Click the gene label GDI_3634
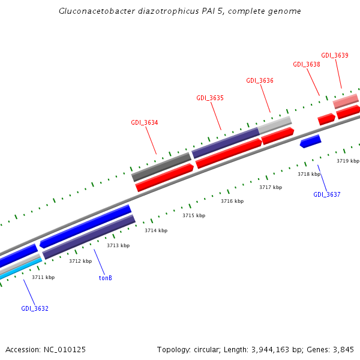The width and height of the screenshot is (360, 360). tap(145, 122)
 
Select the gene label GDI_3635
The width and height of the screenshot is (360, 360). tap(210, 98)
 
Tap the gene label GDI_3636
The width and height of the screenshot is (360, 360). tap(260, 80)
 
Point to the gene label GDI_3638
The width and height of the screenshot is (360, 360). tap(306, 64)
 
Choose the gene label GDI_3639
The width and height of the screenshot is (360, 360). tap(334, 55)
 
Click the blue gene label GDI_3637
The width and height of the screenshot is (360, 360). tap(326, 194)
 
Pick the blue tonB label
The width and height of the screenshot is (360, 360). tap(105, 278)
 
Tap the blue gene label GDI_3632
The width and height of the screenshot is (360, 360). tap(35, 308)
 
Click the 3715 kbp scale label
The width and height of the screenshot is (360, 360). tap(194, 215)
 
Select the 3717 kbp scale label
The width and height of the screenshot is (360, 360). tap(270, 187)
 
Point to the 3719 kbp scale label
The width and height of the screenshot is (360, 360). tap(347, 161)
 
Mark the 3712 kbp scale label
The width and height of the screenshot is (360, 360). tap(80, 261)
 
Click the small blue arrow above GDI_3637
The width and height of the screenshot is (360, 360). tap(310, 142)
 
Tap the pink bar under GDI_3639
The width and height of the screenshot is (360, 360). tap(346, 100)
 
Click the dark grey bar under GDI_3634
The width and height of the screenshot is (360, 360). tap(161, 167)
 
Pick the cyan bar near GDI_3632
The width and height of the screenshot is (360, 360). tap(22, 268)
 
